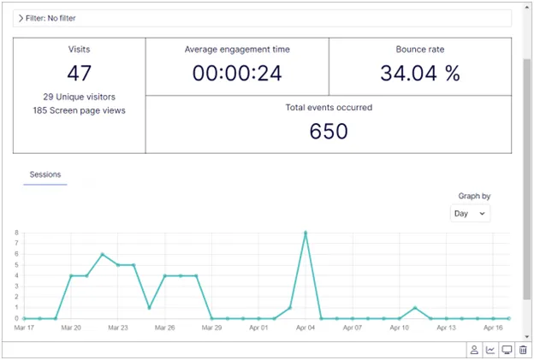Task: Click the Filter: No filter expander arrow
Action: coord(21,18)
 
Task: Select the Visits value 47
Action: coord(79,74)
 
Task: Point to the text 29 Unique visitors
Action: coord(79,97)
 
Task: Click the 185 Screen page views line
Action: coord(79,110)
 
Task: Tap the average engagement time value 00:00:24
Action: coord(237,74)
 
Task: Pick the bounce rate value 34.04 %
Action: coord(420,74)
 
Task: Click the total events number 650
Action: coord(329,132)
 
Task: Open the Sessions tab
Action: coord(45,174)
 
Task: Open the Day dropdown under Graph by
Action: coord(470,214)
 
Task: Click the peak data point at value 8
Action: coord(306,233)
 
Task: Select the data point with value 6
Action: coord(102,255)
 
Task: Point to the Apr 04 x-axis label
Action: coord(306,328)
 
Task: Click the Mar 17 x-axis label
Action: coord(24,328)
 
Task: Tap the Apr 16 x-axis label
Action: coord(493,328)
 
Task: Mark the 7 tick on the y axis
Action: coord(16,244)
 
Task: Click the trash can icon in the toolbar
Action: coord(523,350)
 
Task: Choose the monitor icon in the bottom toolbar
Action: coord(507,350)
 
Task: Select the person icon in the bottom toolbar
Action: coord(474,350)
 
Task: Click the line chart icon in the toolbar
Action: coord(490,350)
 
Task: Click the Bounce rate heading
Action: coord(420,50)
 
